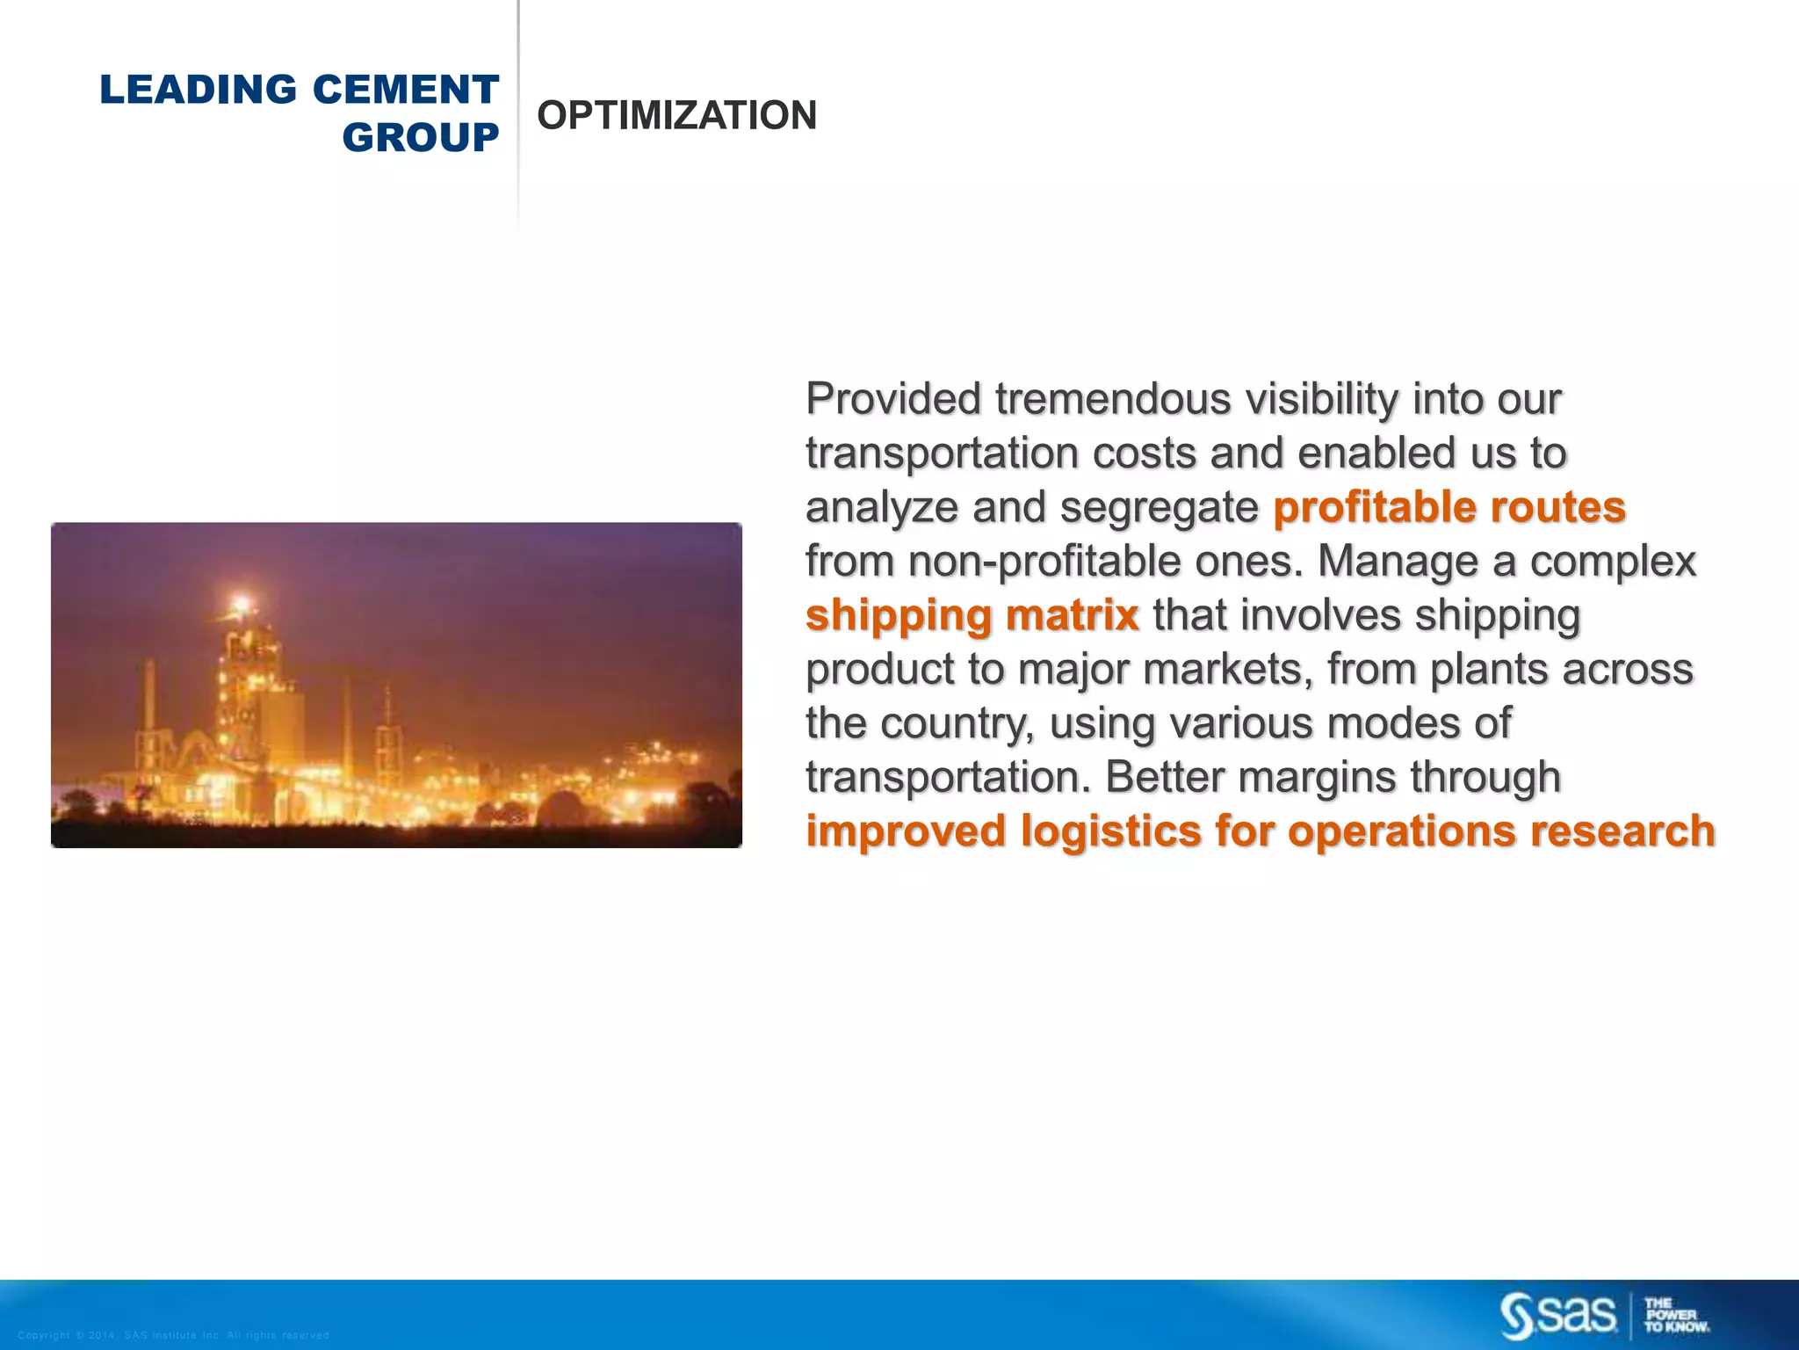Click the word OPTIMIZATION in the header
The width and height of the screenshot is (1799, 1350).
(x=676, y=115)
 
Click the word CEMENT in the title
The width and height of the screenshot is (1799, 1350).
(x=405, y=90)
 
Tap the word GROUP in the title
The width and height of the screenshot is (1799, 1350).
(x=420, y=138)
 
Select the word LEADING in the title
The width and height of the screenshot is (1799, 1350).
(x=199, y=90)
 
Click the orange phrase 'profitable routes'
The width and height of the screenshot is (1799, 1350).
(x=1449, y=507)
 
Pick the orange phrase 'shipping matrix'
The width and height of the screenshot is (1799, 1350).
(x=972, y=615)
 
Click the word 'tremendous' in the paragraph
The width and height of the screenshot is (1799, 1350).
(x=1113, y=400)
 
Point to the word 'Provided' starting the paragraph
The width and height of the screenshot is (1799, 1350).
(x=893, y=400)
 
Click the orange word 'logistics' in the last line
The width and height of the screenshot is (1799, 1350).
(x=1110, y=831)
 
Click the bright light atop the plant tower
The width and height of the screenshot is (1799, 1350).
(x=240, y=604)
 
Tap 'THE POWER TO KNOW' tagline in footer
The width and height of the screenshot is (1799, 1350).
(x=1675, y=1316)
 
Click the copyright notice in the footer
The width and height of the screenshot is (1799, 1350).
(x=173, y=1335)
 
